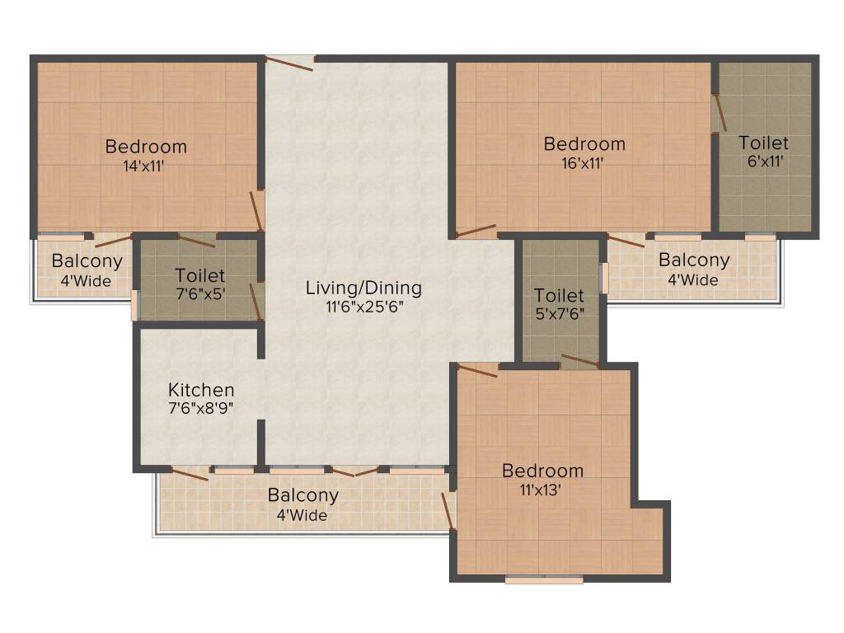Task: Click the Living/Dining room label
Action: tap(363, 288)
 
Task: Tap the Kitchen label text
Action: tap(201, 390)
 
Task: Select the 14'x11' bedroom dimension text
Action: tap(146, 165)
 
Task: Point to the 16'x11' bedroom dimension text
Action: tap(584, 162)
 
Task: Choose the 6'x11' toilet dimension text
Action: tap(763, 162)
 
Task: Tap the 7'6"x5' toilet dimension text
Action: tap(199, 293)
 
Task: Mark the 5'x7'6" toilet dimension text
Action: tap(559, 313)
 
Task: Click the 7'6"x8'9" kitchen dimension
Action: tap(201, 408)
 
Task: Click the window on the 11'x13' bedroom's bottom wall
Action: tap(544, 579)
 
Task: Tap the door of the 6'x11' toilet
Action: tap(719, 113)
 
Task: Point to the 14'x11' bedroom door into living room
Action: tap(257, 211)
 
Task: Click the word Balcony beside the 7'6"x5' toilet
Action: tap(87, 261)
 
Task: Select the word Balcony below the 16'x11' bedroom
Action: tap(693, 260)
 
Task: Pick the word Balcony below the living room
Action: tap(302, 495)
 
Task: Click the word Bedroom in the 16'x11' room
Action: tap(584, 144)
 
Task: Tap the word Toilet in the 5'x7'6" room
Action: tap(559, 295)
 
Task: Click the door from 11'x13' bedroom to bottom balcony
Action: tap(448, 511)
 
